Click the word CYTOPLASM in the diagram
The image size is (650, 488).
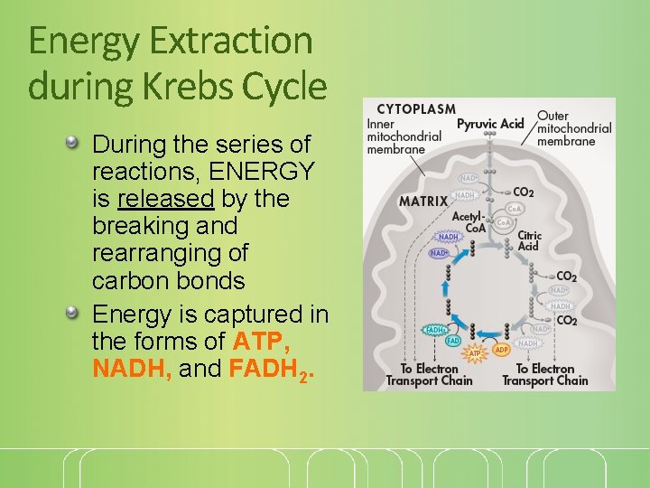point(416,109)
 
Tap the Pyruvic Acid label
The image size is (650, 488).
point(490,124)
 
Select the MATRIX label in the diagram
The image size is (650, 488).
point(423,201)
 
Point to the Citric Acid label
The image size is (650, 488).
point(529,240)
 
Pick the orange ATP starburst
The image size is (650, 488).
point(475,352)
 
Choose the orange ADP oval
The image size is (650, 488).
point(503,349)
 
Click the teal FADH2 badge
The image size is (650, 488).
point(435,330)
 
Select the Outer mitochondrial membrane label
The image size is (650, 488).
point(574,128)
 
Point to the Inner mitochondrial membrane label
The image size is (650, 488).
point(404,136)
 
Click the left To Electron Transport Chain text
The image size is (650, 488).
point(429,374)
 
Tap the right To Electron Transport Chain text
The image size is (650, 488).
point(544,374)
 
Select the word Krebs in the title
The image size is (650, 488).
point(193,87)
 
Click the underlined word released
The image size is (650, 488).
point(165,198)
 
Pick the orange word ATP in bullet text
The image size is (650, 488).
point(262,342)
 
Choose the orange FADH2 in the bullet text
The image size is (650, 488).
point(272,370)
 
